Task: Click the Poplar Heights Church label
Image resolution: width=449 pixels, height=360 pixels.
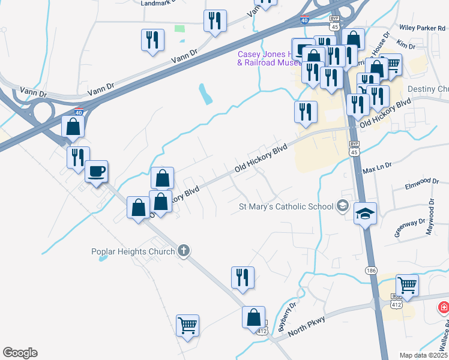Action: tap(133, 251)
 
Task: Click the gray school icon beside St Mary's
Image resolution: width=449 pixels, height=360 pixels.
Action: tap(343, 206)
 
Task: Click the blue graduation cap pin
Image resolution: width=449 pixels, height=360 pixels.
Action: tap(365, 214)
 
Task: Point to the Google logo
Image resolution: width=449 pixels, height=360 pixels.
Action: tap(20, 353)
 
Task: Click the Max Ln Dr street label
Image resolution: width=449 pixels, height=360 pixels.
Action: tap(377, 166)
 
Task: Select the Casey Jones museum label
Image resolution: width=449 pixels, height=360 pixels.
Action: tap(264, 58)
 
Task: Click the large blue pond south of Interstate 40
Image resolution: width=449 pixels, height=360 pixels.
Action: tap(205, 94)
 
